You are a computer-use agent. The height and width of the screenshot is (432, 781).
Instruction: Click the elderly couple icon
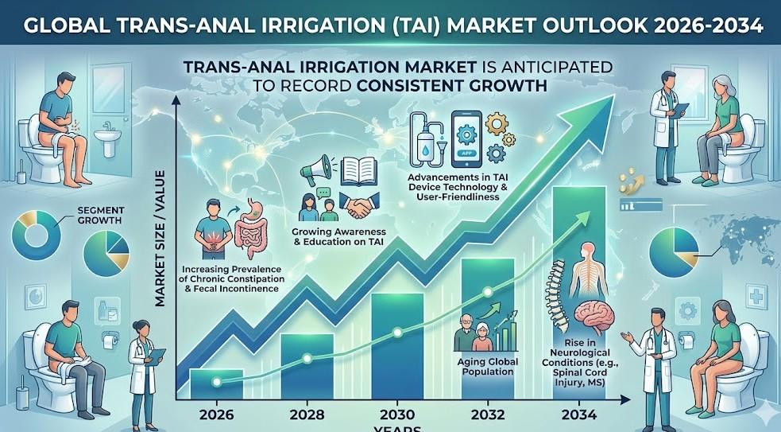point(475,334)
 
